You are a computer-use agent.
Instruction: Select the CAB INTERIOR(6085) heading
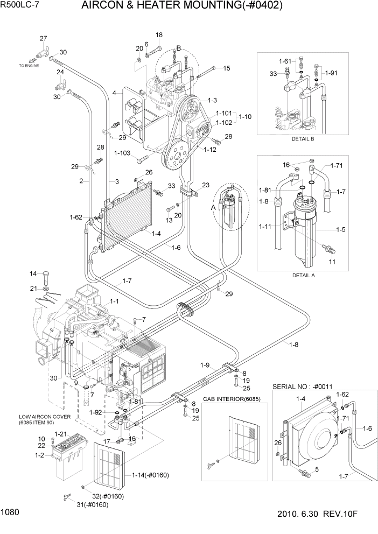[229, 399]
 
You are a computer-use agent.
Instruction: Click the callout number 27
[43, 38]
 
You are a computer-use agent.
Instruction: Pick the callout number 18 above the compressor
[159, 35]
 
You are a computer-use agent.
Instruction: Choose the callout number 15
[226, 68]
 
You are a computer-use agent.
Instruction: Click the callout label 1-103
[123, 153]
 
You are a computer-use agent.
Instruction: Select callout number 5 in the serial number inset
[317, 469]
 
